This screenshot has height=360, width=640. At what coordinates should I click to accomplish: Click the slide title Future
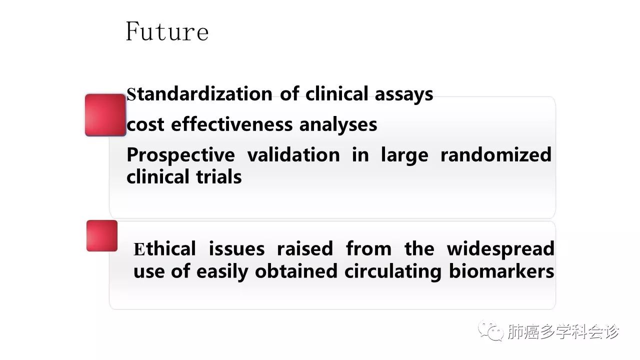tap(167, 31)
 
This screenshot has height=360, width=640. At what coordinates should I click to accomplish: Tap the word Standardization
tap(199, 94)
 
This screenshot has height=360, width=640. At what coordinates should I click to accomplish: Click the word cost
tap(145, 125)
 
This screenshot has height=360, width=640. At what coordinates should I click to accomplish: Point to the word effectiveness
tap(231, 124)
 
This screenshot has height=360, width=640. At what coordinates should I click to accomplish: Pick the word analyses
tap(338, 125)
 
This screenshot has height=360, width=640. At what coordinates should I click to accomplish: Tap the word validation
tap(293, 154)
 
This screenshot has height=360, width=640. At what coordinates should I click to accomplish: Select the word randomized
tap(496, 154)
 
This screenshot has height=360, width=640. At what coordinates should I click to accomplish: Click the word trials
tap(219, 177)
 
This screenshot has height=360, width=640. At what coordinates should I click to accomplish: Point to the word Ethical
tap(164, 248)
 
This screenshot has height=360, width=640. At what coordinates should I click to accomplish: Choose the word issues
tap(236, 249)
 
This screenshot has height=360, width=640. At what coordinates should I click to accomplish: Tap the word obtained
tap(296, 271)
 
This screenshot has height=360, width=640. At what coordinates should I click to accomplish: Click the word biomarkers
tap(501, 271)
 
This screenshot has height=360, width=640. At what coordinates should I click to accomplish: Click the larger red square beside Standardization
tap(105, 115)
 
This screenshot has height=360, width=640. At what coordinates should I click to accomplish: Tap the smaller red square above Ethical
tap(102, 235)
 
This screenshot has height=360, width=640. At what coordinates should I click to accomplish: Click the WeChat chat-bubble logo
tap(490, 330)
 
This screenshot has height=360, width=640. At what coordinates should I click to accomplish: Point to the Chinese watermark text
tap(563, 331)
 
